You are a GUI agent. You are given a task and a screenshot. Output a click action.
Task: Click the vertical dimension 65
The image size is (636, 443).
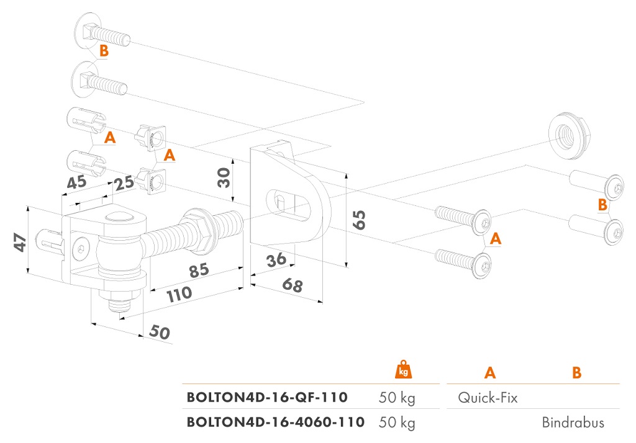click(358, 220)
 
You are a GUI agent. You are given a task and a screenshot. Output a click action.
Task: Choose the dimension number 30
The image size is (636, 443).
click(223, 177)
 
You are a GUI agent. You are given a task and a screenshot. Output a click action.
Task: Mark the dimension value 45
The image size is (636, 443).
click(77, 183)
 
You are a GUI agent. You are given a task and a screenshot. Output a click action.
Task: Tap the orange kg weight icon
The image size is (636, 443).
click(404, 370)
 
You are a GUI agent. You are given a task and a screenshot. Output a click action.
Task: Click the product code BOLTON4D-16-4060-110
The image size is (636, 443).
click(276, 423)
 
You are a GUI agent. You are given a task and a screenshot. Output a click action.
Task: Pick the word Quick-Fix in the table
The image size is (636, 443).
click(488, 398)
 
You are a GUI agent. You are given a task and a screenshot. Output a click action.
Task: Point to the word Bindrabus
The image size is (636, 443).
click(573, 423)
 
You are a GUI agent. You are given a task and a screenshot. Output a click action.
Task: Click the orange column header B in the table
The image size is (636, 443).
click(577, 372)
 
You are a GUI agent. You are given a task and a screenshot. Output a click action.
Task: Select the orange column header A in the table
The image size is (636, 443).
click(490, 372)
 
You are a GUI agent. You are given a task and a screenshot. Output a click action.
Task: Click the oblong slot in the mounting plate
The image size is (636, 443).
click(291, 202)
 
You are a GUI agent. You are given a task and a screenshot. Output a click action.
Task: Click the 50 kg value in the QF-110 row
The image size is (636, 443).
click(397, 398)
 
